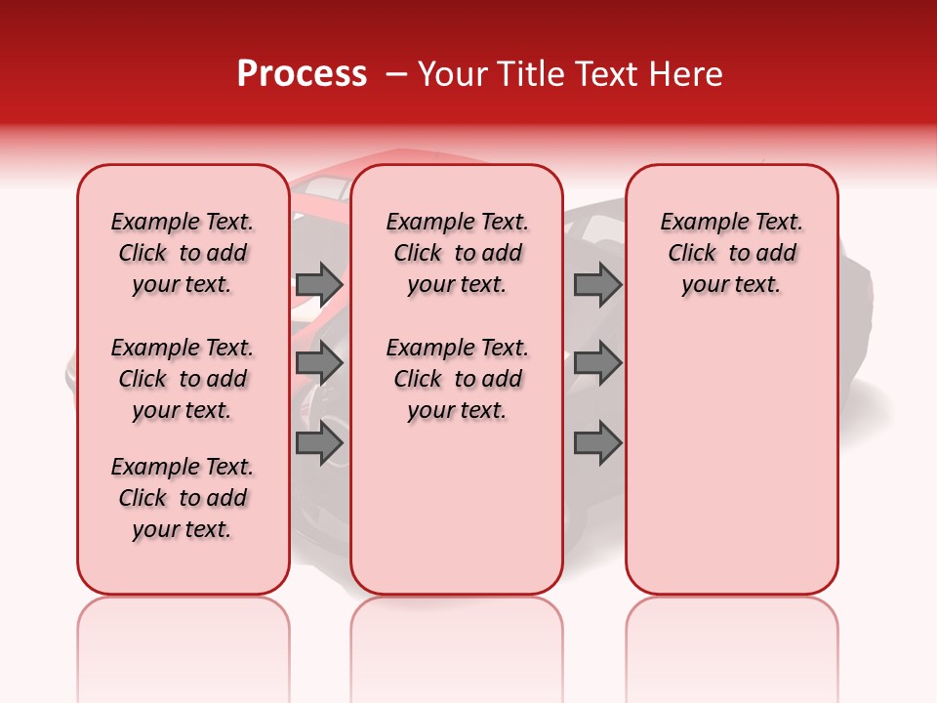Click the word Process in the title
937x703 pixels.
click(x=302, y=74)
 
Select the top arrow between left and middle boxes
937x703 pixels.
click(x=319, y=284)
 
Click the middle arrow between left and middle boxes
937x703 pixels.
click(x=319, y=364)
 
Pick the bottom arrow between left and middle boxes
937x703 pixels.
click(x=319, y=444)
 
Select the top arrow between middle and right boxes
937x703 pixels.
click(x=597, y=284)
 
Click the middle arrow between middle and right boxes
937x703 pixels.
click(x=597, y=364)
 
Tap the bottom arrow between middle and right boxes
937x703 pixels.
click(x=597, y=444)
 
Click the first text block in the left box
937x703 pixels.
click(x=183, y=253)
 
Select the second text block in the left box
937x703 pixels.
click(x=183, y=379)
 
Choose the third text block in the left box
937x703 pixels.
click(x=183, y=498)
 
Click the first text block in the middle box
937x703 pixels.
click(x=457, y=253)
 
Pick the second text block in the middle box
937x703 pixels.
click(x=457, y=379)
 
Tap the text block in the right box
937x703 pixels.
click(x=731, y=253)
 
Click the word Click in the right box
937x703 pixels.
click(x=692, y=253)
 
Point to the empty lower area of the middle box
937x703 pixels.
click(x=457, y=508)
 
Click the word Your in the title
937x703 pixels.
click(x=450, y=74)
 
